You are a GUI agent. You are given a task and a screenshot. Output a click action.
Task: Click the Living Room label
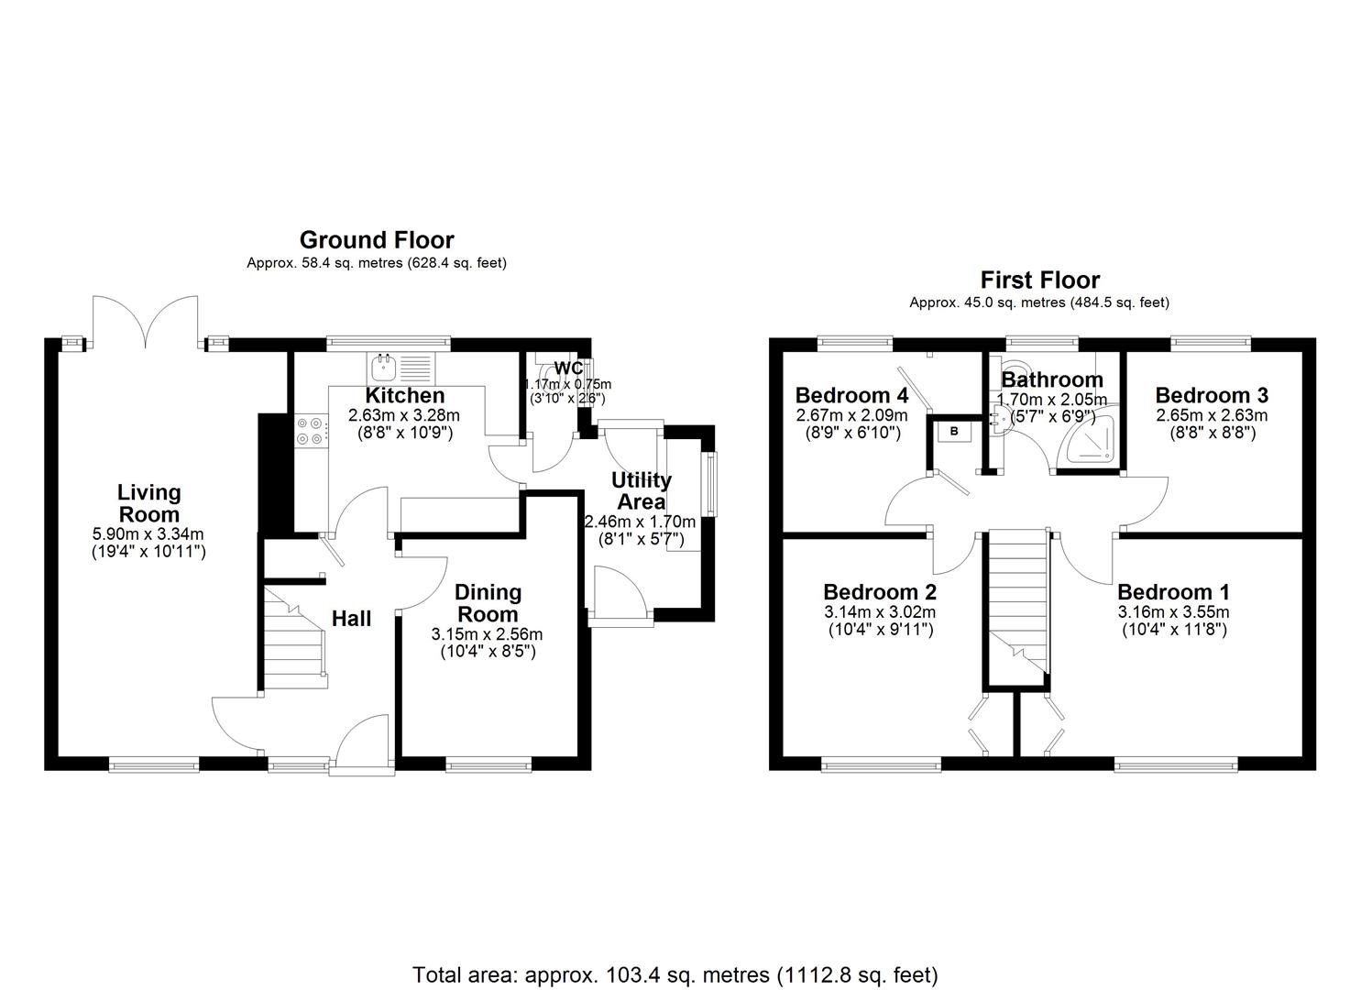tap(148, 503)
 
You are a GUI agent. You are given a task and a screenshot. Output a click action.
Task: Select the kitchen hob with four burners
tap(310, 431)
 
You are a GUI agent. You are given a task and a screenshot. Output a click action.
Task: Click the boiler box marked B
tap(954, 431)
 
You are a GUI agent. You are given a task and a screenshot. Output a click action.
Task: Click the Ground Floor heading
tap(377, 240)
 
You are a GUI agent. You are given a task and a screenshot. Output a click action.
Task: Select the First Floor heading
tap(1039, 280)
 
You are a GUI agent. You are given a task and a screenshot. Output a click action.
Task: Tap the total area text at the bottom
tap(675, 973)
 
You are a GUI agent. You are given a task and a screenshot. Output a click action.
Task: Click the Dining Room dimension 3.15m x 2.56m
tap(487, 634)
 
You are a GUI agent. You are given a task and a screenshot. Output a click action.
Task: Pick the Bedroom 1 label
tap(1173, 592)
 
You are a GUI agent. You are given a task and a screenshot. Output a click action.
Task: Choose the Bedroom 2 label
tap(879, 592)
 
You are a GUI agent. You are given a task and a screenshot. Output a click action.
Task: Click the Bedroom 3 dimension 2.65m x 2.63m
tap(1211, 415)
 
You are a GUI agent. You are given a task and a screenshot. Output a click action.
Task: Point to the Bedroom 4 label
tap(851, 395)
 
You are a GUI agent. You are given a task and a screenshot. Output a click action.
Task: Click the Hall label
tap(351, 619)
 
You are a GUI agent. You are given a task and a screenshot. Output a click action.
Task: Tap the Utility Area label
tap(642, 490)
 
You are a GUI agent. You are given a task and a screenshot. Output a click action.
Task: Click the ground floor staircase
tap(294, 637)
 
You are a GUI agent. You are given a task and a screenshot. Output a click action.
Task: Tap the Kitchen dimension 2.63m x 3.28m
tap(404, 415)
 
